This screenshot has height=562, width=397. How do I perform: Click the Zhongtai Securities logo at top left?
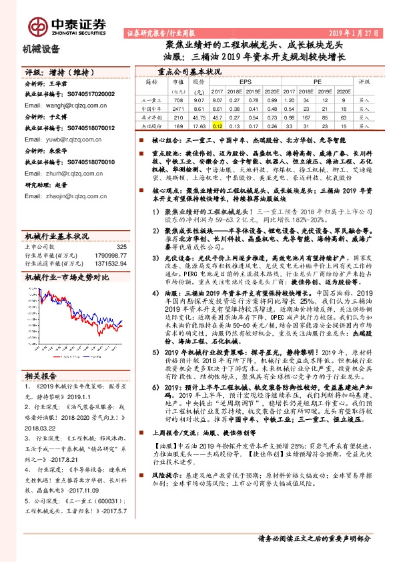(x=66, y=24)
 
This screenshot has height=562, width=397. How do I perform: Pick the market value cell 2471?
(x=177, y=107)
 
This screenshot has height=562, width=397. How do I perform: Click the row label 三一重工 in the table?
(x=152, y=98)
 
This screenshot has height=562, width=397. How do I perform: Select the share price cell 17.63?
(x=197, y=124)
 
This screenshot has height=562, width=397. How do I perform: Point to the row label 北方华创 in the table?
(x=152, y=115)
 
